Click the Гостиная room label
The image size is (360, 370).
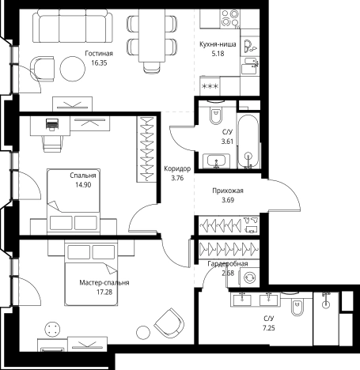click(99, 54)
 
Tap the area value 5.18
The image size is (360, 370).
click(218, 54)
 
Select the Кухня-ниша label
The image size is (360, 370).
click(218, 44)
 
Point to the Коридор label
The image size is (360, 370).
click(177, 168)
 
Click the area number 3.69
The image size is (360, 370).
click(228, 200)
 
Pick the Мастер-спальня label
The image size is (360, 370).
click(104, 283)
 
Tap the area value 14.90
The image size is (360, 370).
click(83, 185)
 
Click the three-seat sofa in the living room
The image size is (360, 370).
click(73, 26)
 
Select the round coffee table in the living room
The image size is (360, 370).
click(73, 69)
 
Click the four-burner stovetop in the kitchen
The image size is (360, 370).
click(229, 18)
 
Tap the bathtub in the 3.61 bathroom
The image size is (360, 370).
click(248, 141)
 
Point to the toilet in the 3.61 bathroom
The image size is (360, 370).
click(216, 113)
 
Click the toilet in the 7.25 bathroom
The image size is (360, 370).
click(297, 304)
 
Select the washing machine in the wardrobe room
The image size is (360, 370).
click(249, 277)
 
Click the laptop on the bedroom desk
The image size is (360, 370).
click(52, 124)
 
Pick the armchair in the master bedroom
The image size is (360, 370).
click(169, 323)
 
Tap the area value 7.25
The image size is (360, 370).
click(269, 328)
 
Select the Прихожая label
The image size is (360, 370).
click(228, 191)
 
